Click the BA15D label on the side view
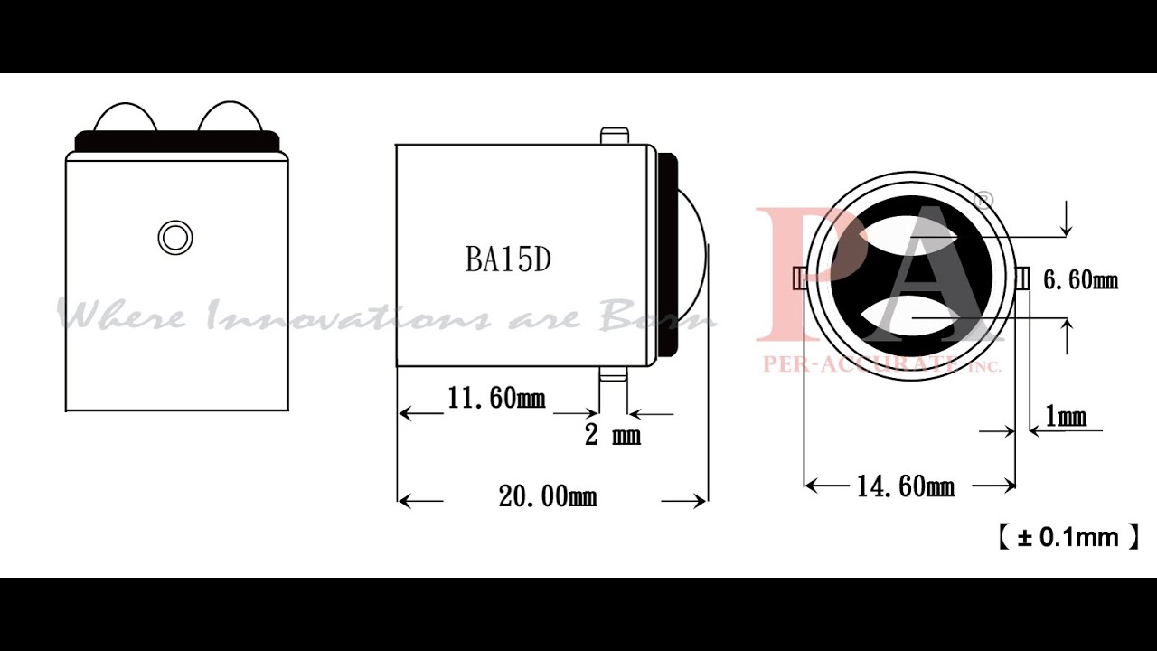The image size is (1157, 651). (508, 259)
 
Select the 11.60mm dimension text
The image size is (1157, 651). (496, 398)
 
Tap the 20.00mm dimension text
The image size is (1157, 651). (548, 496)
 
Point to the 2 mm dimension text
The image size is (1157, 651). (612, 436)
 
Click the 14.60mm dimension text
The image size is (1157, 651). (905, 486)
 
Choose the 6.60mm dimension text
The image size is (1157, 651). (1080, 280)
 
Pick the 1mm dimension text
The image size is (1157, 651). (1065, 417)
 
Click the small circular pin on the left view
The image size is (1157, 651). (174, 238)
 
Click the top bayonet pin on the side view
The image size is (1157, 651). (614, 136)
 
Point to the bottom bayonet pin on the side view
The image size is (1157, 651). (613, 374)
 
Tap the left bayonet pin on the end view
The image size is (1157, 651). (799, 278)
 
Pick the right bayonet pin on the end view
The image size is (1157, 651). (1022, 278)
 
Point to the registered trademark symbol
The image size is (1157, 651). (984, 199)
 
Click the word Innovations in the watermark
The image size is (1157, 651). (348, 317)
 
